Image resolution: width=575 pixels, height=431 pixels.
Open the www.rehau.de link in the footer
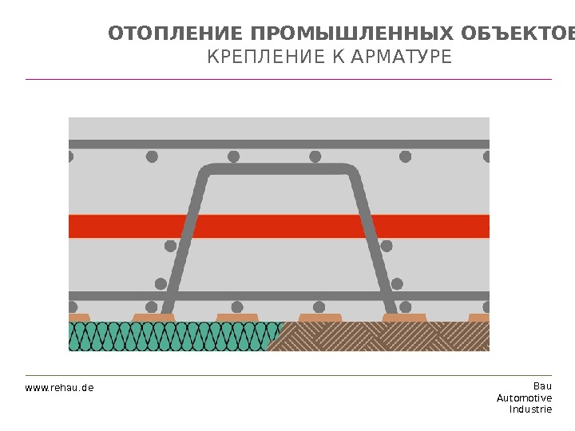pyautogui.click(x=59, y=388)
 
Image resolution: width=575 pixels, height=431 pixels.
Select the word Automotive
pyautogui.click(x=524, y=397)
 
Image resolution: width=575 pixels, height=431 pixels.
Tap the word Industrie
pyautogui.click(x=530, y=409)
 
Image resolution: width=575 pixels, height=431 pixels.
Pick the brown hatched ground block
pyautogui.click(x=383, y=337)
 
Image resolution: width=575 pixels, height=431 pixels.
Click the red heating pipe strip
pyautogui.click(x=279, y=226)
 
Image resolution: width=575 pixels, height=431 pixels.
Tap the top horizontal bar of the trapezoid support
pyautogui.click(x=279, y=169)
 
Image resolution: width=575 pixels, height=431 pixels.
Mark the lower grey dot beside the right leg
pyautogui.click(x=397, y=283)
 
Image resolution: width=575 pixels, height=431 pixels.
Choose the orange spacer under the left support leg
pyautogui.click(x=153, y=318)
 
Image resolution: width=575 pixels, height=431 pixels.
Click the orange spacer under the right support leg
pyautogui.click(x=404, y=318)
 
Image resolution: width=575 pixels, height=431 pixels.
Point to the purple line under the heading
pyautogui.click(x=288, y=79)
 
